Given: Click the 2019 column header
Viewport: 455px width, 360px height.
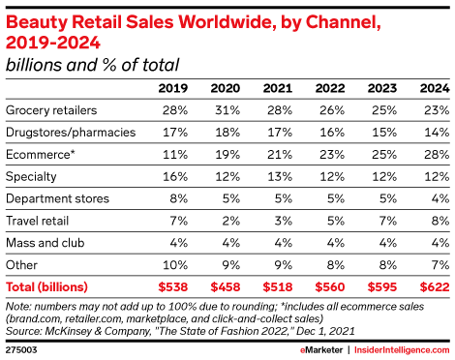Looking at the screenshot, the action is pos(173,88).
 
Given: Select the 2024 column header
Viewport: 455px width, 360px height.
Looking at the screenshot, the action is pos(435,88).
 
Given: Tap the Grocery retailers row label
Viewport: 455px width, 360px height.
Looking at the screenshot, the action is pos(51,110).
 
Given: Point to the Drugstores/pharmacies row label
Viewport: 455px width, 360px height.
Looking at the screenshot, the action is pos(71,133).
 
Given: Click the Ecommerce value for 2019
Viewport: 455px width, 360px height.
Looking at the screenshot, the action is pos(175,155).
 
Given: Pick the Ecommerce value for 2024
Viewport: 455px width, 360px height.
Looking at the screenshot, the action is pos(437,155).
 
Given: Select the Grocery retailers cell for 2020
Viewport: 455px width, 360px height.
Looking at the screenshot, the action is pos(227,110).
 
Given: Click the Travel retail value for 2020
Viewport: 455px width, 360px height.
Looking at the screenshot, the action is pos(231,221).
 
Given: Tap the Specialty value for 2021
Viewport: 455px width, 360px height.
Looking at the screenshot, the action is pos(280,177).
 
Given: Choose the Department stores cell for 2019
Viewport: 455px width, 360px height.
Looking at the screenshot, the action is pos(179,198).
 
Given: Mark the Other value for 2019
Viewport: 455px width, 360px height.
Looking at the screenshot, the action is pos(175,265).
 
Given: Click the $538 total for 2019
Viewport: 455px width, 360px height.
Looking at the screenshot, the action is pos(173,287).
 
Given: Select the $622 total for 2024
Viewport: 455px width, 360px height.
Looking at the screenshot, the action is pos(435,287).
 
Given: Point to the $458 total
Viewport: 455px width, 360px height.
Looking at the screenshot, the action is pos(226,287).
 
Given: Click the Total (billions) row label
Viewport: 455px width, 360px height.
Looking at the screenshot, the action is pos(46,287).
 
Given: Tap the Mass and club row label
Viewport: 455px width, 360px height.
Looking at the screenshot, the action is pos(45,243).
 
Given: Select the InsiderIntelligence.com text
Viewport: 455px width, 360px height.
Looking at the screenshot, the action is pos(402,350).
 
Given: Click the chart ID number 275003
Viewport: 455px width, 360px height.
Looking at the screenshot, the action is pos(21,350).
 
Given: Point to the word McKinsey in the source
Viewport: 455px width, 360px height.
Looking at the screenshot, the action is pos(69,331).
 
